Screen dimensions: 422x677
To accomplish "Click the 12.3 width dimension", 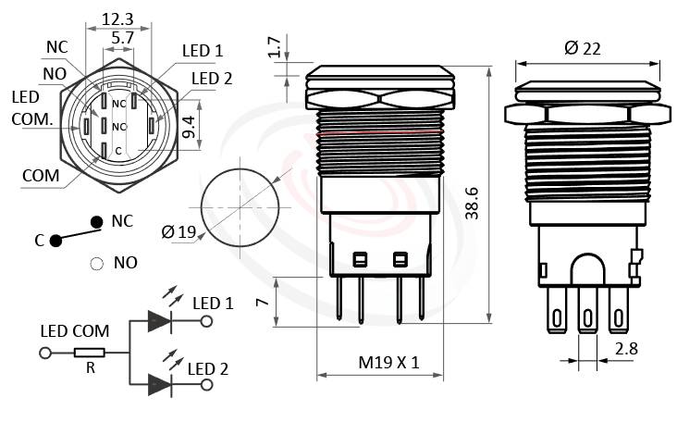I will (117, 18).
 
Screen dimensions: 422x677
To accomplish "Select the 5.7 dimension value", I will (120, 38).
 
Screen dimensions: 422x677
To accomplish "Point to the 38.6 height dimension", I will (473, 202).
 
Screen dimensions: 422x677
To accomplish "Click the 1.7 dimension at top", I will (275, 47).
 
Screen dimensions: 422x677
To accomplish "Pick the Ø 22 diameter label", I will (581, 48).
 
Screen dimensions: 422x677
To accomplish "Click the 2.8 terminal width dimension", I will (626, 348).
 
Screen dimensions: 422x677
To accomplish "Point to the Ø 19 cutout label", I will (178, 232).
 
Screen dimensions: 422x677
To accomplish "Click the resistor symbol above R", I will (90, 353).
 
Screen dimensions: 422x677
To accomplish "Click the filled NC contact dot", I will (95, 221).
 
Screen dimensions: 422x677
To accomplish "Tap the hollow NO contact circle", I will (95, 263).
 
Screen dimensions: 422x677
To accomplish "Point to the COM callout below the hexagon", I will (41, 175).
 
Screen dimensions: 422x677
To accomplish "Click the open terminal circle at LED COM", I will (43, 353).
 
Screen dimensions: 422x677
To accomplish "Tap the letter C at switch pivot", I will (39, 241).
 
